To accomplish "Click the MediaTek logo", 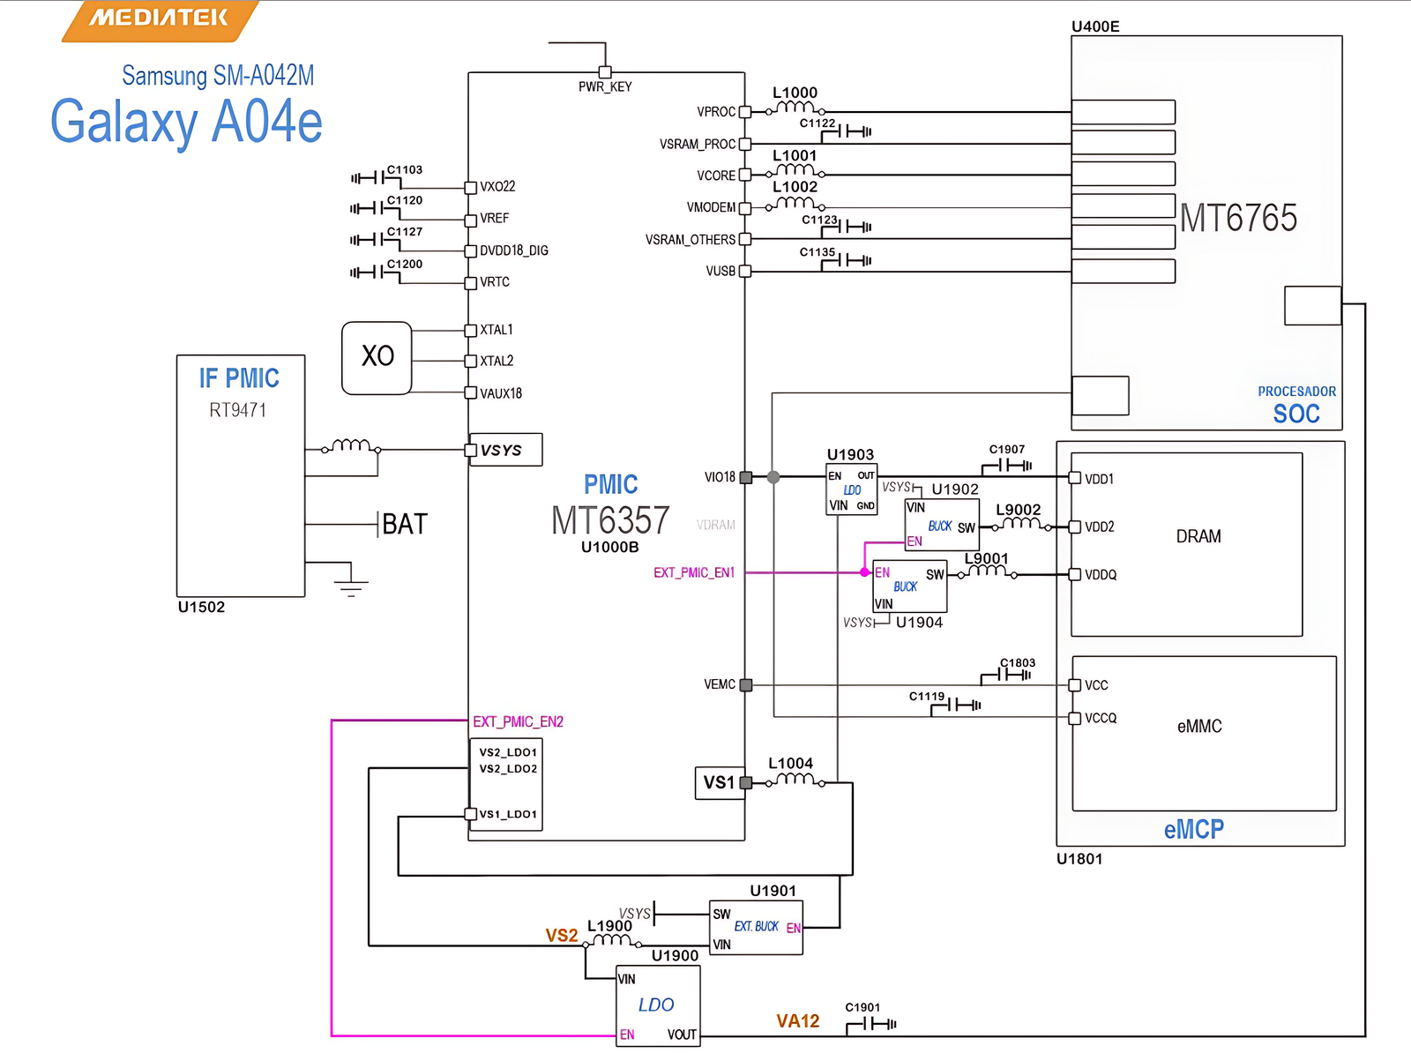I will coord(159,19).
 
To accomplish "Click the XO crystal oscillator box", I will coord(377,357).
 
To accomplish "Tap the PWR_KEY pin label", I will coord(605,86).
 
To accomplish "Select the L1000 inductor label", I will coord(795,93).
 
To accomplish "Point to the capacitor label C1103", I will coord(405,169).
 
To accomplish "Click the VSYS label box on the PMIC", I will coord(504,450).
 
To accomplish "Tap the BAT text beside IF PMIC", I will coord(405,524).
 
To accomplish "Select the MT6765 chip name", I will coord(1238,218).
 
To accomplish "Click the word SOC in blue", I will coord(1296,414).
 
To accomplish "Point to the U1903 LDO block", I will coord(851,490).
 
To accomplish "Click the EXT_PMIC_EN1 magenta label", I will coord(694,572).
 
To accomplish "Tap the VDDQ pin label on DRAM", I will coord(1101,575).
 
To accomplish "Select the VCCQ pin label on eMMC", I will coord(1101,719).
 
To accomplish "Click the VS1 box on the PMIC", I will coord(719,782).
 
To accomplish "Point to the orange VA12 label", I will coord(797,1021).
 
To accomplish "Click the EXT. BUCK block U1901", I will coord(756,927).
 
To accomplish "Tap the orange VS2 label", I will coord(561,935).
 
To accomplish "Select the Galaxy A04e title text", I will coord(186,122).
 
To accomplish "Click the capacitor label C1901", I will coord(862,1007).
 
